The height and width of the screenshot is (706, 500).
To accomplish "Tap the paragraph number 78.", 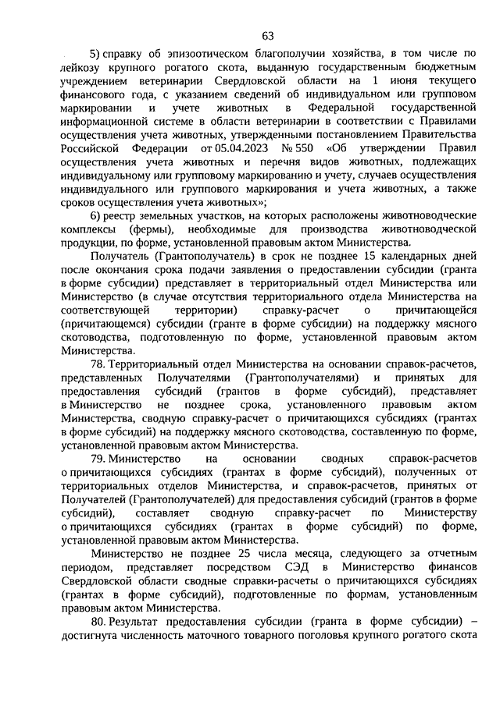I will coord(98,364).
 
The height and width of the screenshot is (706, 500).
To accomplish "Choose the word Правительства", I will coord(435,134).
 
